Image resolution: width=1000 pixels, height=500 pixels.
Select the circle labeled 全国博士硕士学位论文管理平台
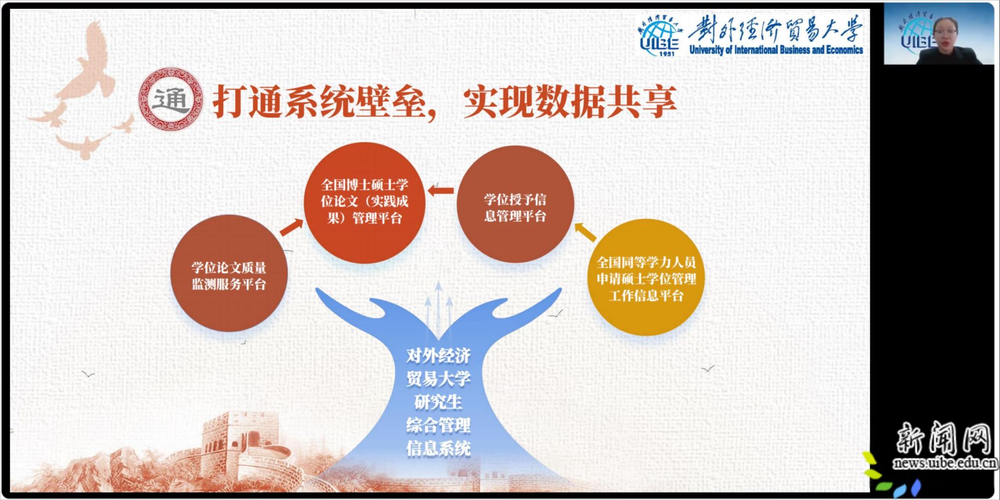click(x=364, y=203)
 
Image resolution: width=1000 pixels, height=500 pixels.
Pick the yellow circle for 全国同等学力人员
click(x=646, y=277)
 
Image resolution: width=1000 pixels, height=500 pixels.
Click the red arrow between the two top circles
click(x=440, y=191)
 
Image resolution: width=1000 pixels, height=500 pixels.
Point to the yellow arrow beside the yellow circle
click(x=586, y=232)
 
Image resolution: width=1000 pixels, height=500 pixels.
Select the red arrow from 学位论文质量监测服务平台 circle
click(x=292, y=228)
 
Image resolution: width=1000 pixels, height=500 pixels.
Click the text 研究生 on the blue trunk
click(x=438, y=402)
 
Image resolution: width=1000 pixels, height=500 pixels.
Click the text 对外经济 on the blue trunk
click(x=438, y=355)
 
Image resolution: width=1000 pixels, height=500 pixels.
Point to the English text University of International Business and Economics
click(x=776, y=49)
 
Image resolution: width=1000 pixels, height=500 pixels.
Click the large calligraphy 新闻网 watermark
click(x=944, y=438)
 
